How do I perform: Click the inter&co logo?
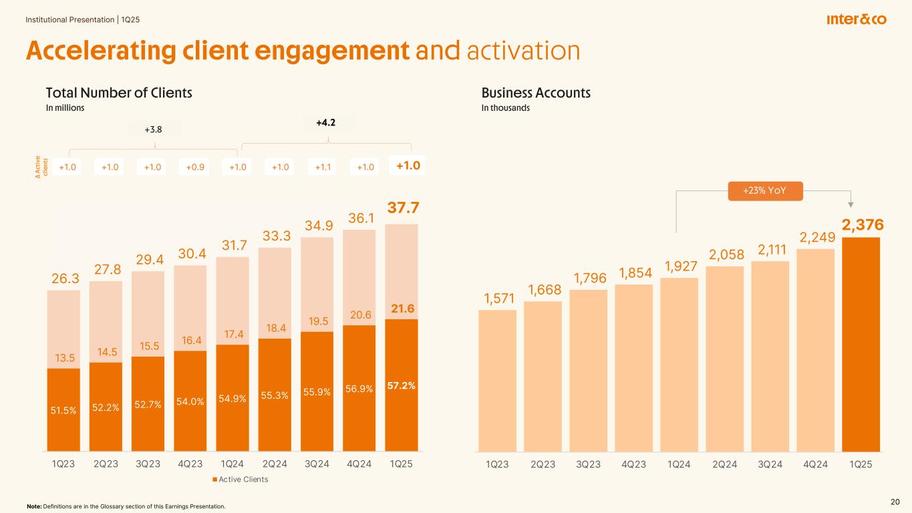pyautogui.click(x=856, y=20)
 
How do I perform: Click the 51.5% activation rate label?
pyautogui.click(x=63, y=411)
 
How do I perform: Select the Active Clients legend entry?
pyautogui.click(x=240, y=479)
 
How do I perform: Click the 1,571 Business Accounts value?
pyautogui.click(x=497, y=298)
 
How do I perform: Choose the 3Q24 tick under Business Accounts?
pyautogui.click(x=770, y=464)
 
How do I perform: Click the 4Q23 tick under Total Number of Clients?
pyautogui.click(x=191, y=464)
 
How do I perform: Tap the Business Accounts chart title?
pyautogui.click(x=536, y=93)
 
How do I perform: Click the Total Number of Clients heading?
pyautogui.click(x=119, y=93)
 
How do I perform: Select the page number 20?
pyautogui.click(x=895, y=502)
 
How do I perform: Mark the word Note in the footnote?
pyautogui.click(x=33, y=506)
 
